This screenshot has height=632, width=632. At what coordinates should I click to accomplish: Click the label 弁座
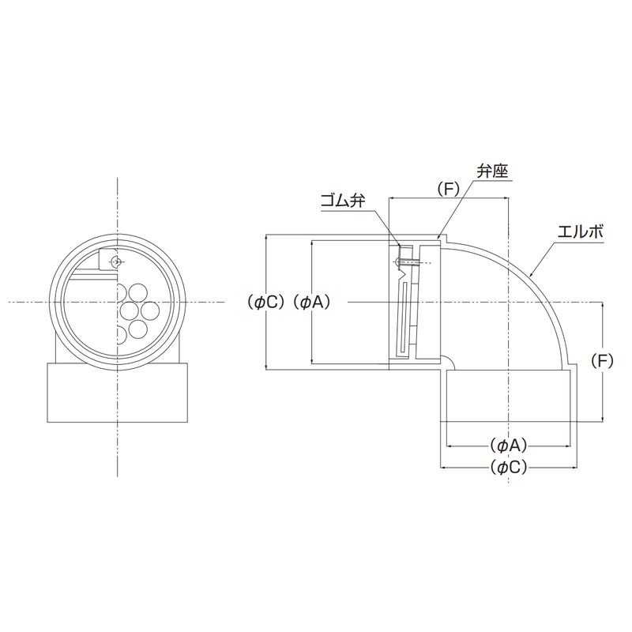coord(492,171)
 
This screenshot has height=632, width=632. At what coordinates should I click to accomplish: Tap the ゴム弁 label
coord(344,201)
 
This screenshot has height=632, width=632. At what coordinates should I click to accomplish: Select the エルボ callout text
coord(581,231)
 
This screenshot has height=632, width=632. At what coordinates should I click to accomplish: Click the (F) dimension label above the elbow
coord(448,190)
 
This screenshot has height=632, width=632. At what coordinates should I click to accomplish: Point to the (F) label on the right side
coord(603,361)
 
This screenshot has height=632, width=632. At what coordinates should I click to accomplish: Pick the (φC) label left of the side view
coord(266,302)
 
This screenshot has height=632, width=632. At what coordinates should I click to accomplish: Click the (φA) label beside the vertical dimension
coord(311,302)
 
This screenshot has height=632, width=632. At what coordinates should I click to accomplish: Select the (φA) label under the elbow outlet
coord(509,446)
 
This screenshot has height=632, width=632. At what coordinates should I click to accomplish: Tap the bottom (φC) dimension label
coord(509,468)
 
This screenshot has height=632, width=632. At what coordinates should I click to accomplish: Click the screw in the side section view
coord(408,263)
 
